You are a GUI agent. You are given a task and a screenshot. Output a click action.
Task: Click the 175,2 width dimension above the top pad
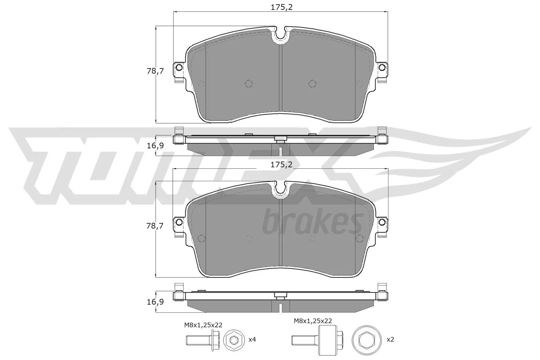click(x=280, y=7)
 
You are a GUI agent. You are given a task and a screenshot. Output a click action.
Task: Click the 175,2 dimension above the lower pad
click(x=280, y=165)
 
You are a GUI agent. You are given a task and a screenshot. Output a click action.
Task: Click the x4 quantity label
click(x=252, y=339)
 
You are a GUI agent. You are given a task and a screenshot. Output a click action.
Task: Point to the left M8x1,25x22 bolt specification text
click(x=203, y=325)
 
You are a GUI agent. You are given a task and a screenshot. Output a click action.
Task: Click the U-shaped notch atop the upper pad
click(x=280, y=34)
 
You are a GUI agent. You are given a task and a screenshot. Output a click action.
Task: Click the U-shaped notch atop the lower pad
click(x=280, y=188)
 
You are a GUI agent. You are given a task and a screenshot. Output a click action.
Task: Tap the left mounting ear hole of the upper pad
click(x=179, y=67)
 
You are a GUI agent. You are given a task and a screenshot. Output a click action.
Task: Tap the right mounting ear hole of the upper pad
click(x=382, y=67)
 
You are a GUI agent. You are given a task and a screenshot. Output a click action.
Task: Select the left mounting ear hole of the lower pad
click(x=179, y=222)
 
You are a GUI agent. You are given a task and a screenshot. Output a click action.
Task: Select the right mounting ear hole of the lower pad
click(x=382, y=222)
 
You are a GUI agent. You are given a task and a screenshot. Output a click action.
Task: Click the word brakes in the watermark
click(x=312, y=222)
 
